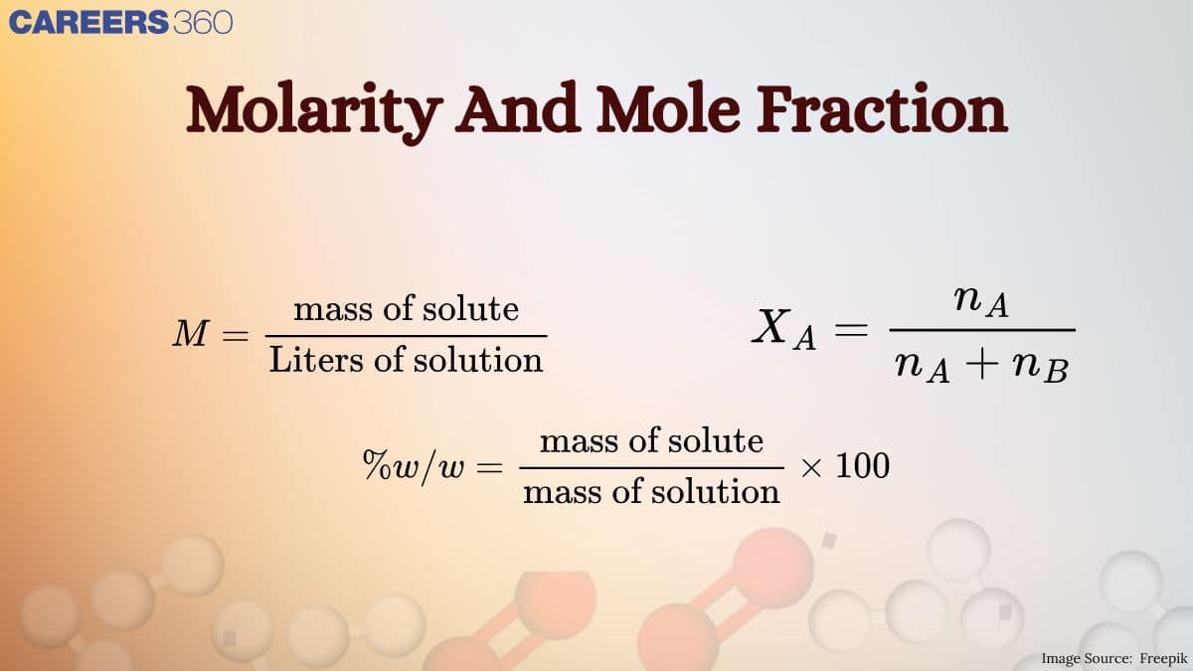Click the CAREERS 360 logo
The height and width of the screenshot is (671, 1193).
(120, 22)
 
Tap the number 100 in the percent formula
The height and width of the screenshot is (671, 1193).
(862, 465)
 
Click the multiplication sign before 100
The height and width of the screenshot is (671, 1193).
(811, 466)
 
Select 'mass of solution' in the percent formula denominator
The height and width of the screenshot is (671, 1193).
(651, 491)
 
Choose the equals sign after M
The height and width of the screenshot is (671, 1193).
(235, 335)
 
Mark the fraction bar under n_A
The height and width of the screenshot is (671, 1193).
(981, 330)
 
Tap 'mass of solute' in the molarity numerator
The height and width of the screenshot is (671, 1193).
(406, 309)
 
